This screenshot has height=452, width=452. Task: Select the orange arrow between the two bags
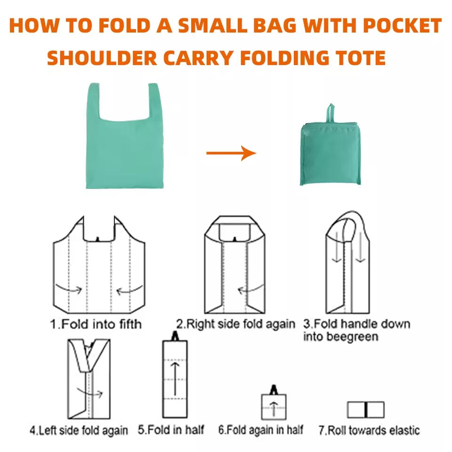click(231, 153)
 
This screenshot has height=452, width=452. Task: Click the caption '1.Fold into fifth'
click(96, 324)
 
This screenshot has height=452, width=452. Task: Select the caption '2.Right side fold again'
click(235, 324)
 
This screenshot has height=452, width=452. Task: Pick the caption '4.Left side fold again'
click(79, 430)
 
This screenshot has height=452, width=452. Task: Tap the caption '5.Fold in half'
click(171, 430)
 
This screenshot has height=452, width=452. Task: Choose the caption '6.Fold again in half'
click(260, 430)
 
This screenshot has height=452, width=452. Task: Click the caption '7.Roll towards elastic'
click(369, 430)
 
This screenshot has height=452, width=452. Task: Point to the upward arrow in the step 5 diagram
click(175, 379)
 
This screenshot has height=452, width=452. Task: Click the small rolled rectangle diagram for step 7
click(366, 410)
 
